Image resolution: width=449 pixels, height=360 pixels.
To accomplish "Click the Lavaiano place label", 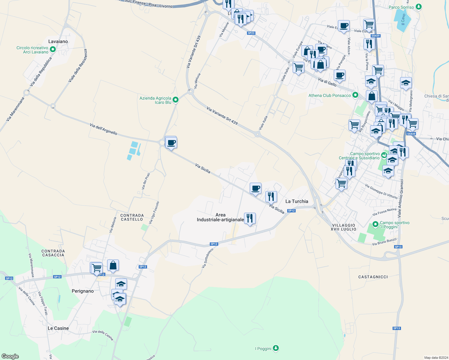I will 58,41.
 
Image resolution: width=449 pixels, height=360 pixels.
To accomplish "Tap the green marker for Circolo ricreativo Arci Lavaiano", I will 53,49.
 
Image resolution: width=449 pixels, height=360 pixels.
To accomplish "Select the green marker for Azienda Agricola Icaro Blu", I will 176,100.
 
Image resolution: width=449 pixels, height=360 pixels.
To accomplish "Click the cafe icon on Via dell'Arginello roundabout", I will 171,143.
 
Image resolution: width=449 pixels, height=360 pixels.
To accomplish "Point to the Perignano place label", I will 83,291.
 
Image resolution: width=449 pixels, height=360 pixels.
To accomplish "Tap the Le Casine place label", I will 58,328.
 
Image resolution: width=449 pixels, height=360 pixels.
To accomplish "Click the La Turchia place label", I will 297,201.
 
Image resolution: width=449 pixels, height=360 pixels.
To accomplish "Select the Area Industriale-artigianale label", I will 220,217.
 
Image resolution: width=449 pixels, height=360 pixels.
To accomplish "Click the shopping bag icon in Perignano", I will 113,265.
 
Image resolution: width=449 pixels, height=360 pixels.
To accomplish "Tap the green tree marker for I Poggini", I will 276,348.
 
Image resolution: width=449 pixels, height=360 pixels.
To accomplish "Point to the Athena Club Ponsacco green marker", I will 355,95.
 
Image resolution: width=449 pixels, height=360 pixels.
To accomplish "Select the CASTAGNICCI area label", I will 373,277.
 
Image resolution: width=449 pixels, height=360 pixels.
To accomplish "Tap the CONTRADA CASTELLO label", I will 132,217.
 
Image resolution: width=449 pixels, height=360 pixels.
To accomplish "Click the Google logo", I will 10,356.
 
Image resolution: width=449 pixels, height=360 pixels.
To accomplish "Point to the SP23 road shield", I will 251,33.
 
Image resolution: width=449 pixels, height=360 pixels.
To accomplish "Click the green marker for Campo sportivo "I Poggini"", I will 375,224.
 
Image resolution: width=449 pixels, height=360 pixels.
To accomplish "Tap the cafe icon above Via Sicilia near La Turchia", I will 255,188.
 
